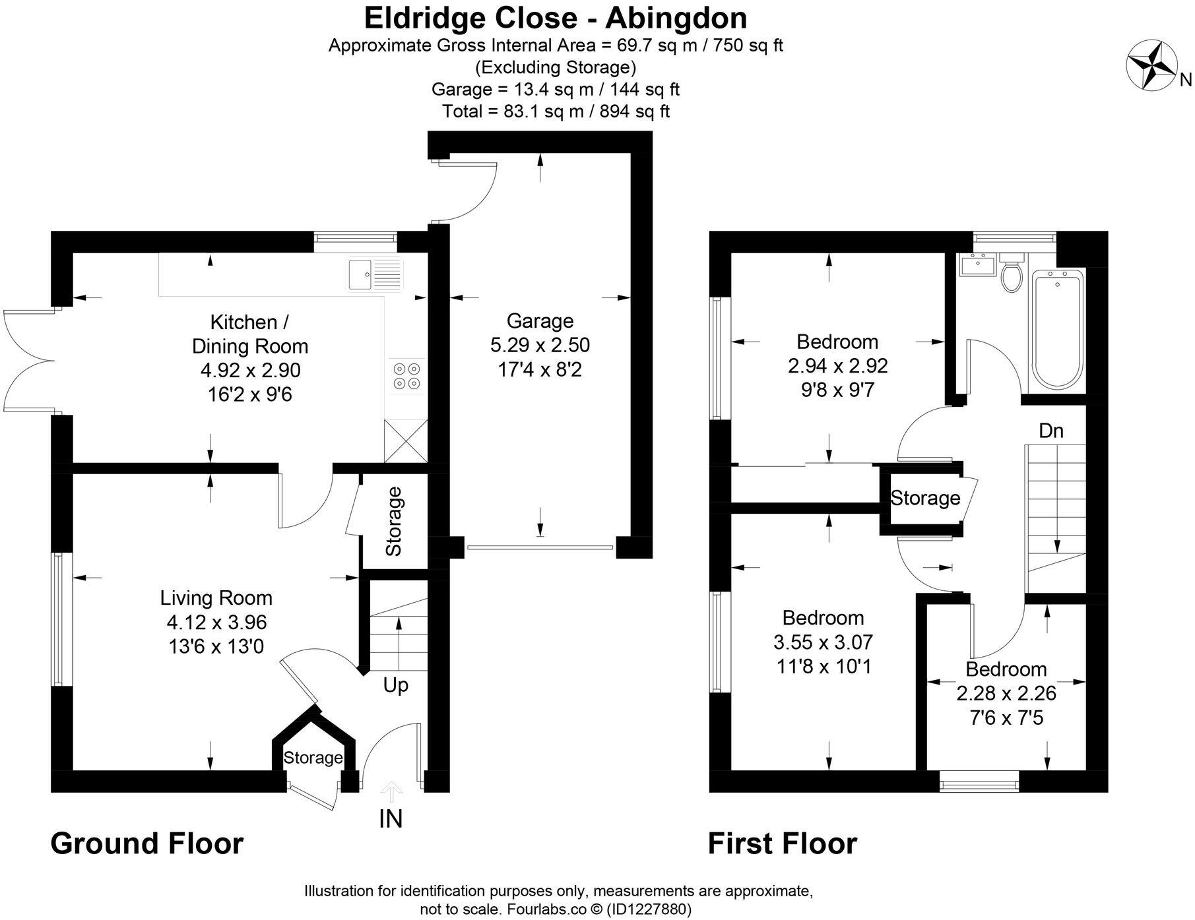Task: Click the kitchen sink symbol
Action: [375, 274]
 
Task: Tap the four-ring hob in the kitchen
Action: [406, 376]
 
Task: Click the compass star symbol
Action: [1152, 65]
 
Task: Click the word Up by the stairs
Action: [395, 685]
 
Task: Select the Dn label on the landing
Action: [1051, 431]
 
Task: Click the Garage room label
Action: [540, 321]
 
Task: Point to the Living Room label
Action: [216, 598]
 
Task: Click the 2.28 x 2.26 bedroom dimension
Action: [1006, 693]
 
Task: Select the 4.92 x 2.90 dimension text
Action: [250, 371]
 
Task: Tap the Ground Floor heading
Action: [146, 843]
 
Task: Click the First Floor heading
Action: [782, 843]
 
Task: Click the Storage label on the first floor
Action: [925, 498]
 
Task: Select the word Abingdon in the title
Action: [676, 18]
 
